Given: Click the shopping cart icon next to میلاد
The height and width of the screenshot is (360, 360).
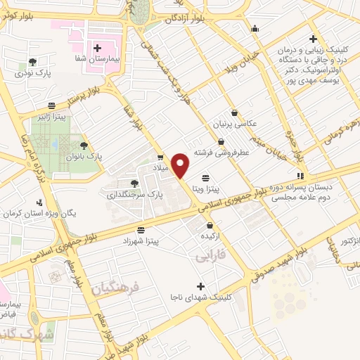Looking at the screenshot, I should [161, 157].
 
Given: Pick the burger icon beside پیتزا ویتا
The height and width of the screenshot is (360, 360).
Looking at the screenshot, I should [205, 178].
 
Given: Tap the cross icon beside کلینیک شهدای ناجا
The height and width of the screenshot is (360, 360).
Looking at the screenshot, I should [201, 286].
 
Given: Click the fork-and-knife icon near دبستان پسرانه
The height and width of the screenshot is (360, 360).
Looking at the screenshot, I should [301, 176].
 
